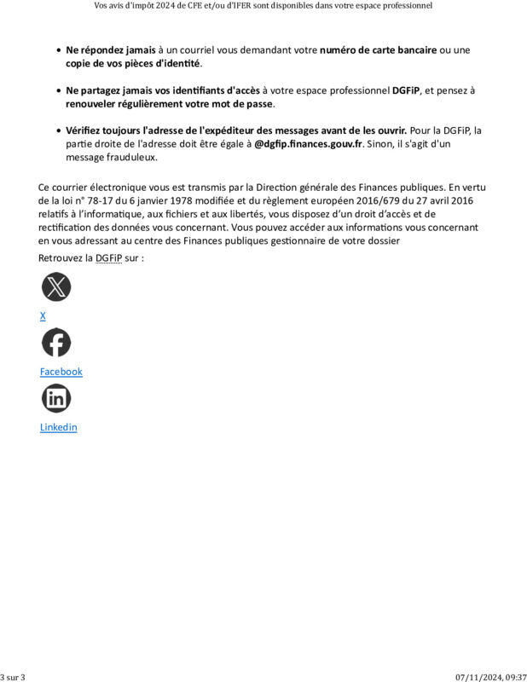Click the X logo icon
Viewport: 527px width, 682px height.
click(x=56, y=287)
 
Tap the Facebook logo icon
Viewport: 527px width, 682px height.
click(x=56, y=343)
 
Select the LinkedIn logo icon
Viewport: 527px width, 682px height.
click(x=56, y=398)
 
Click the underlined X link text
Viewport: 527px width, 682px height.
click(x=43, y=316)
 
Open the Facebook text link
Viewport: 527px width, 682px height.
click(x=61, y=372)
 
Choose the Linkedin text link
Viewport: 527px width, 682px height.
click(x=58, y=427)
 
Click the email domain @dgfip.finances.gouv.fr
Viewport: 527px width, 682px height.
click(x=309, y=144)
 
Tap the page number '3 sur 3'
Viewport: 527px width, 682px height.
click(x=13, y=677)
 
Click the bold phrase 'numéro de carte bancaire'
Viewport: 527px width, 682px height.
click(x=378, y=50)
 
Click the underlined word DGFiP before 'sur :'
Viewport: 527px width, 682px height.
click(x=108, y=257)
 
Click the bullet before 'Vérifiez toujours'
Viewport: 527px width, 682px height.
click(x=58, y=130)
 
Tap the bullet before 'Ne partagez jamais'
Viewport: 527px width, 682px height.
click(x=58, y=90)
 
